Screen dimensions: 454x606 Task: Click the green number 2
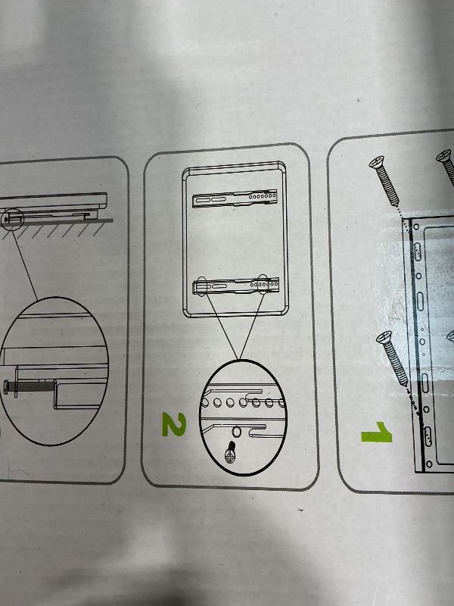174,424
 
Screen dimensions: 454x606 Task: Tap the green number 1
377,432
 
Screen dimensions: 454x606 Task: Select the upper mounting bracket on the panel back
235,198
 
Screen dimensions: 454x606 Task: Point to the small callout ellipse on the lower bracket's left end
201,286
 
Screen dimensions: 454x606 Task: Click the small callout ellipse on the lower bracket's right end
263,284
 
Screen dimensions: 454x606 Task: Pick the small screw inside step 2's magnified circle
231,452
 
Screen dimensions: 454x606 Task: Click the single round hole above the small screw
236,430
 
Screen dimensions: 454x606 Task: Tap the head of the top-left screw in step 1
376,161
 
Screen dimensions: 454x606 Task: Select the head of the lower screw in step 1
384,338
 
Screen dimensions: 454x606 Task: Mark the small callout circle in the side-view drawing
12,219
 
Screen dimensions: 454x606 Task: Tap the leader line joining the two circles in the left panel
25,264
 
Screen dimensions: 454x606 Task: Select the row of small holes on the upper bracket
263,196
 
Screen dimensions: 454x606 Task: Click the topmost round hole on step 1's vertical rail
416,226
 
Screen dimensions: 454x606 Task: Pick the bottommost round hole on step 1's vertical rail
429,464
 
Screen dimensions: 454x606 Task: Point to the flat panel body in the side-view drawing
53,201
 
